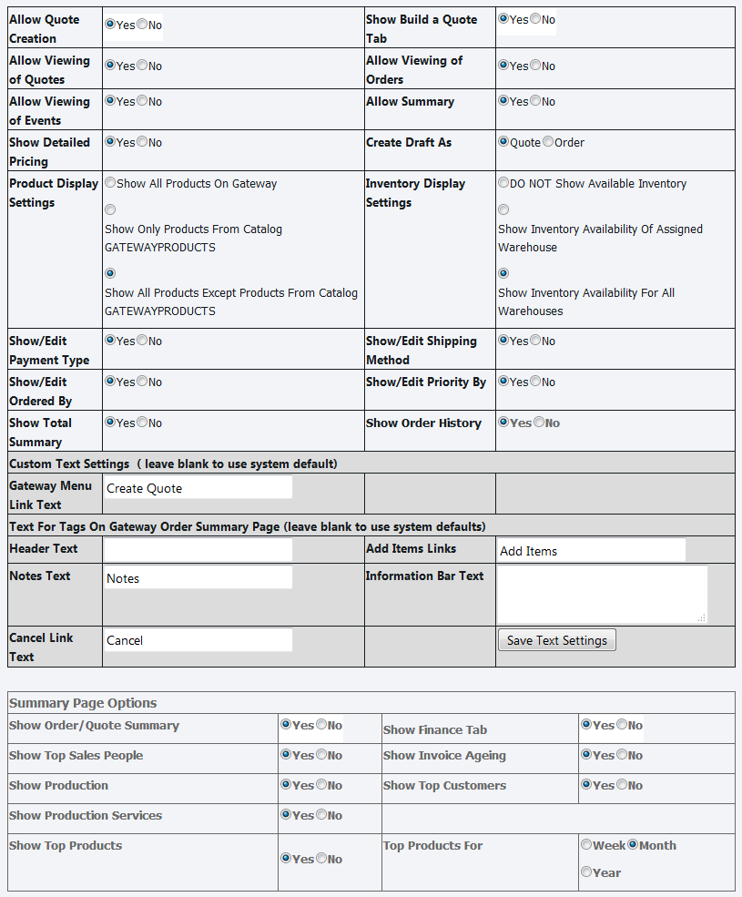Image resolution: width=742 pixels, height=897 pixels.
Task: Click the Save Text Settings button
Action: pyautogui.click(x=556, y=640)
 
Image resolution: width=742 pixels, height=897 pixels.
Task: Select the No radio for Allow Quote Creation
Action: pyautogui.click(x=142, y=25)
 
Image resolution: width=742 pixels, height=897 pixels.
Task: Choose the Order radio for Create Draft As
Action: pyautogui.click(x=548, y=142)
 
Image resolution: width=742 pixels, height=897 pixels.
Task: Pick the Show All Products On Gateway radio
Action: pyautogui.click(x=110, y=183)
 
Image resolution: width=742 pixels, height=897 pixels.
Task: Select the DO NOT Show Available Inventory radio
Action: pyautogui.click(x=503, y=183)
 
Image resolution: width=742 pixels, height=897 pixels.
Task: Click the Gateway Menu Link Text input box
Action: pyautogui.click(x=198, y=488)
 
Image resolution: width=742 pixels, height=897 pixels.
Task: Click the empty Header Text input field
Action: pyautogui.click(x=198, y=550)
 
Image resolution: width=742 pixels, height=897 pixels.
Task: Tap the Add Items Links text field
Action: pyautogui.click(x=591, y=551)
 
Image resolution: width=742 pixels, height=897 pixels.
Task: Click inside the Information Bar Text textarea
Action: pyautogui.click(x=601, y=594)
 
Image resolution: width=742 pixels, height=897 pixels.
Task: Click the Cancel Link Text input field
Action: pyautogui.click(x=198, y=640)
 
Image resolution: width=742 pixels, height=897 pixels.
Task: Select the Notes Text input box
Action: pyautogui.click(x=198, y=578)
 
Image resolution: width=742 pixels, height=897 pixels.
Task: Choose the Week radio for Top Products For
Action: pyautogui.click(x=586, y=845)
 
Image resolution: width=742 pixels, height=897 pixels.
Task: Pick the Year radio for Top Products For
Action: pyautogui.click(x=586, y=872)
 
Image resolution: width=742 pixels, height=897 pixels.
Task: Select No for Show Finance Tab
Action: pyautogui.click(x=622, y=725)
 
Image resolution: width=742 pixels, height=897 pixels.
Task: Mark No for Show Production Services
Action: pyautogui.click(x=321, y=815)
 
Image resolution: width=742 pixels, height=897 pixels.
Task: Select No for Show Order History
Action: pyautogui.click(x=539, y=423)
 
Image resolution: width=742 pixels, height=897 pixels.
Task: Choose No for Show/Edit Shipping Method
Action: pyautogui.click(x=535, y=341)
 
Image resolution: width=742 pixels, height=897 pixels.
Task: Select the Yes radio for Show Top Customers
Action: pyautogui.click(x=586, y=785)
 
